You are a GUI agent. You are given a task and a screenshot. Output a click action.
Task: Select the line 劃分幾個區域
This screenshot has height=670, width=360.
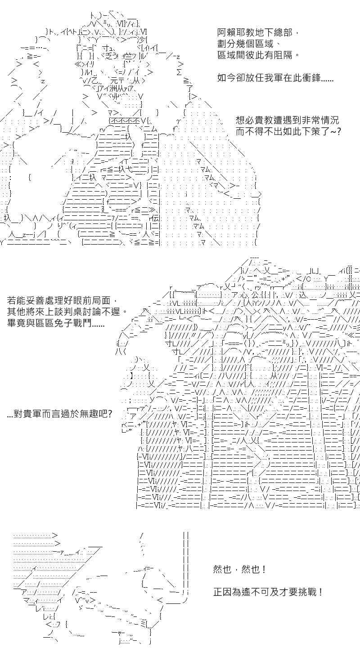pyautogui.click(x=249, y=44)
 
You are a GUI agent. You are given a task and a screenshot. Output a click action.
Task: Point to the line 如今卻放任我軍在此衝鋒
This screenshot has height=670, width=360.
pyautogui.click(x=275, y=78)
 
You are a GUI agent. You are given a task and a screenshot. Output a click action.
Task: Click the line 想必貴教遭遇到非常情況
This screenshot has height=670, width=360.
pyautogui.click(x=287, y=121)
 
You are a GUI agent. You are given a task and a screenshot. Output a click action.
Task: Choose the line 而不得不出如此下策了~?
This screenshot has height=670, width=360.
pyautogui.click(x=288, y=132)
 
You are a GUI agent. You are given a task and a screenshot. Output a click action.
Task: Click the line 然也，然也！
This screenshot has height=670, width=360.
pyautogui.click(x=239, y=569)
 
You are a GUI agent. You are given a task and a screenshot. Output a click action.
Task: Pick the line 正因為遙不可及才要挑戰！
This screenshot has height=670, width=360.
pyautogui.click(x=268, y=592)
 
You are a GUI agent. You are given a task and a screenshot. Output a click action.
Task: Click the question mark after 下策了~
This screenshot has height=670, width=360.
pyautogui.click(x=338, y=132)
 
